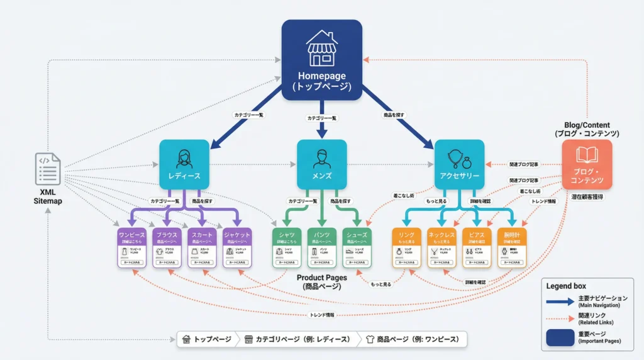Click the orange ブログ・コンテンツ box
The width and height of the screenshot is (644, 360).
[x=586, y=164]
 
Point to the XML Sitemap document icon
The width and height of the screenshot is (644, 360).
[x=48, y=169]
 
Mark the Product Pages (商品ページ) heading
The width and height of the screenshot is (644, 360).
[x=322, y=282]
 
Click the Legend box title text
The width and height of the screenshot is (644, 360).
[x=565, y=286]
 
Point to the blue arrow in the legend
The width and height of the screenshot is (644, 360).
[x=560, y=301]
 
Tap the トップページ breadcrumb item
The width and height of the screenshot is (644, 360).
[x=206, y=339]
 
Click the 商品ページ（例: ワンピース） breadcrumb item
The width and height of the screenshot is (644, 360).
[x=413, y=339]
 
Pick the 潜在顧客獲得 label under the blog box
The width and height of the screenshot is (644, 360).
[x=586, y=197]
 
